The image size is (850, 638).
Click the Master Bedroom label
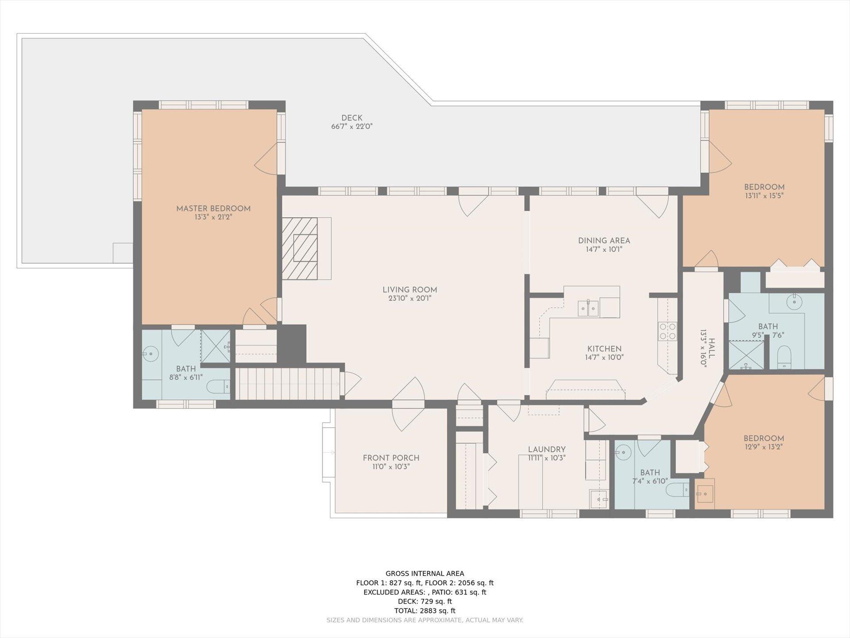213,209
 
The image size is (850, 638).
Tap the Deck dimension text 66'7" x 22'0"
352,126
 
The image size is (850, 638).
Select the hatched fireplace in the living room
300,248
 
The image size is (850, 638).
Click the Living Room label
410,290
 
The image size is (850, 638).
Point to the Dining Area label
604,241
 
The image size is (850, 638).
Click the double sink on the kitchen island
588,308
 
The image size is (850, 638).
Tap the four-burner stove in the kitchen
668,331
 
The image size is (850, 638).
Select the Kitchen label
604,349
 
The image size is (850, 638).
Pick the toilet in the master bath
219,386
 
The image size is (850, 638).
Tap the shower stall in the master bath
216,346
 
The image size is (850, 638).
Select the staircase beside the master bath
287,384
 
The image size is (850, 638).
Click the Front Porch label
391,458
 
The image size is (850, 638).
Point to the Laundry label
547,449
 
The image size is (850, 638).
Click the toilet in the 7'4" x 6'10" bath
677,490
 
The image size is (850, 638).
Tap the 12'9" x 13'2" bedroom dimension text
764,447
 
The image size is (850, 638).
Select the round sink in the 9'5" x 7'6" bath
794,303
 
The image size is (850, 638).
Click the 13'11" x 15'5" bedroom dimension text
764,195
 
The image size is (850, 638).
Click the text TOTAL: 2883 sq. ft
425,611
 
